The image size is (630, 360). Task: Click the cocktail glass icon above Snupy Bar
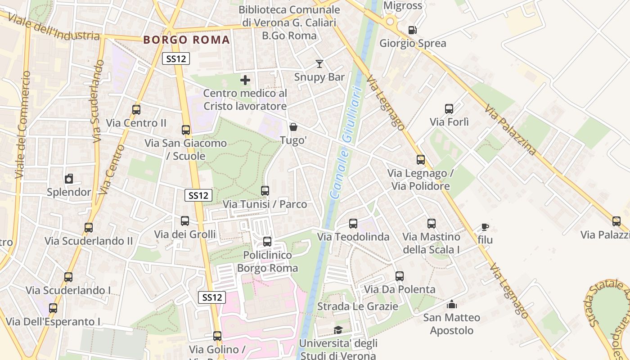coord(319,64)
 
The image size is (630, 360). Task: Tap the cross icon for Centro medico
coord(245,81)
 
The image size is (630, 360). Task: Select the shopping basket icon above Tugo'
coord(293,127)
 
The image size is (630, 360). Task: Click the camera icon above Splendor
coord(69,179)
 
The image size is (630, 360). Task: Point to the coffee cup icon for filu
coord(485,227)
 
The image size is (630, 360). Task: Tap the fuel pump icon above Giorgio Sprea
coord(412,30)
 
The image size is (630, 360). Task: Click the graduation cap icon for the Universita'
coord(338,330)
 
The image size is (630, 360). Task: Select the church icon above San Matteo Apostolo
coord(451,305)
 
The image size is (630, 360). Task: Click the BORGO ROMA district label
coord(187,40)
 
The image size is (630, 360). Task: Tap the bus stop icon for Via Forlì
coord(449,109)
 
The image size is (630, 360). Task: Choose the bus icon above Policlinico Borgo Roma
coord(267,242)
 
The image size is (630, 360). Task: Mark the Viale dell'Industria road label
coord(54,28)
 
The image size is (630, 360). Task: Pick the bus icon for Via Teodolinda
coord(353,224)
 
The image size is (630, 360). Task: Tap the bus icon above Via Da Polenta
coord(400,276)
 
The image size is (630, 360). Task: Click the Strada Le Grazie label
coord(358,306)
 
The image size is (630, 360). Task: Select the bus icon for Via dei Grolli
coord(185,221)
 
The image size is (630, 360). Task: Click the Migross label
coord(403,6)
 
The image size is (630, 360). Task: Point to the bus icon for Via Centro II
coord(136,110)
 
